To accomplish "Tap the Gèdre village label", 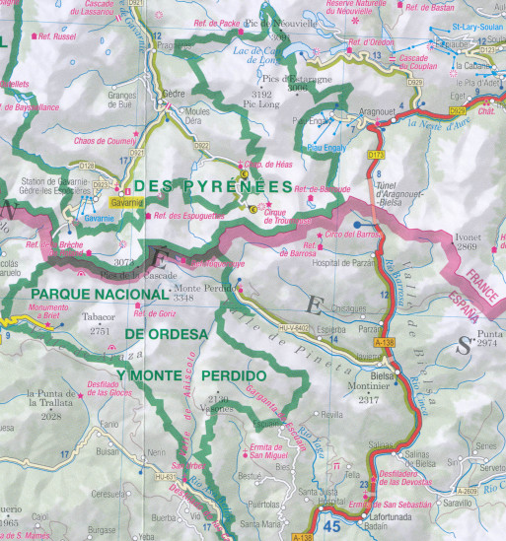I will pyautogui.click(x=174, y=96).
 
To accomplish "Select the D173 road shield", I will pyautogui.click(x=376, y=156).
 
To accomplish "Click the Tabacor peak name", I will pyautogui.click(x=99, y=317).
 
